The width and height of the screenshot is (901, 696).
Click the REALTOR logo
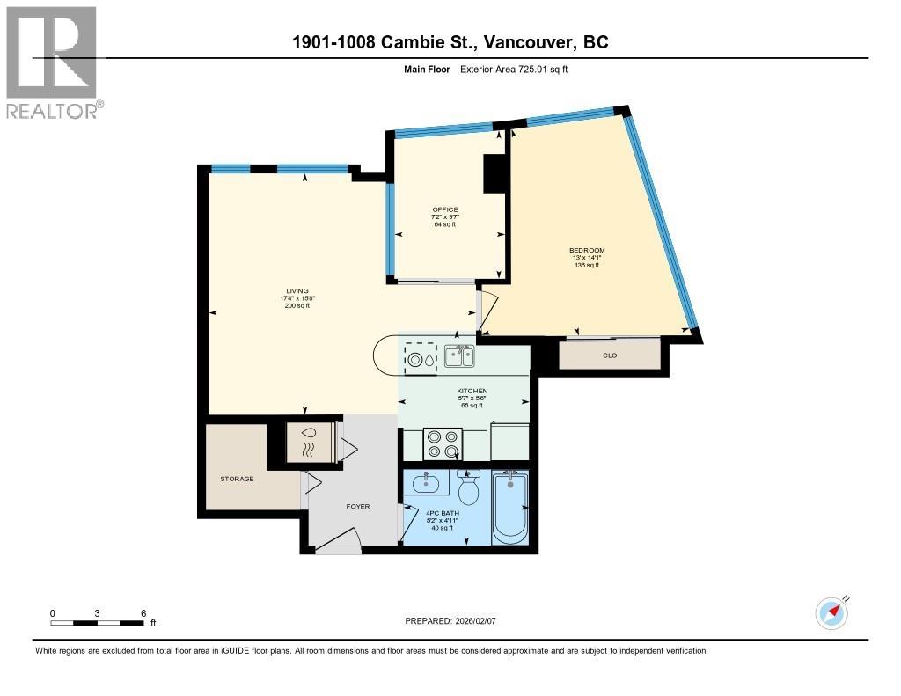coord(52,62)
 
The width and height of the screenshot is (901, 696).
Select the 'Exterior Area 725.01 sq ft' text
coord(514,70)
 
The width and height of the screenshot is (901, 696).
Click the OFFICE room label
coord(445,209)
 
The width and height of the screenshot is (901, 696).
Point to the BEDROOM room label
coord(586,251)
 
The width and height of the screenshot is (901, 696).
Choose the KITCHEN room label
coord(472,391)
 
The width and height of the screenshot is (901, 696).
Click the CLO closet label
coord(609,355)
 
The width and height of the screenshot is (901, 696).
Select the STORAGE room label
coord(237,479)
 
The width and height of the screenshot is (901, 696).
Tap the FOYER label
coord(357,507)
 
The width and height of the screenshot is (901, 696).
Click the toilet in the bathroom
coord(468,487)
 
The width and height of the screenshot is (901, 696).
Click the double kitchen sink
coord(459,356)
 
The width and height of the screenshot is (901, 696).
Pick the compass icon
coord(831,612)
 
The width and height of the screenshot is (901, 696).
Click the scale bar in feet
coord(98,622)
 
